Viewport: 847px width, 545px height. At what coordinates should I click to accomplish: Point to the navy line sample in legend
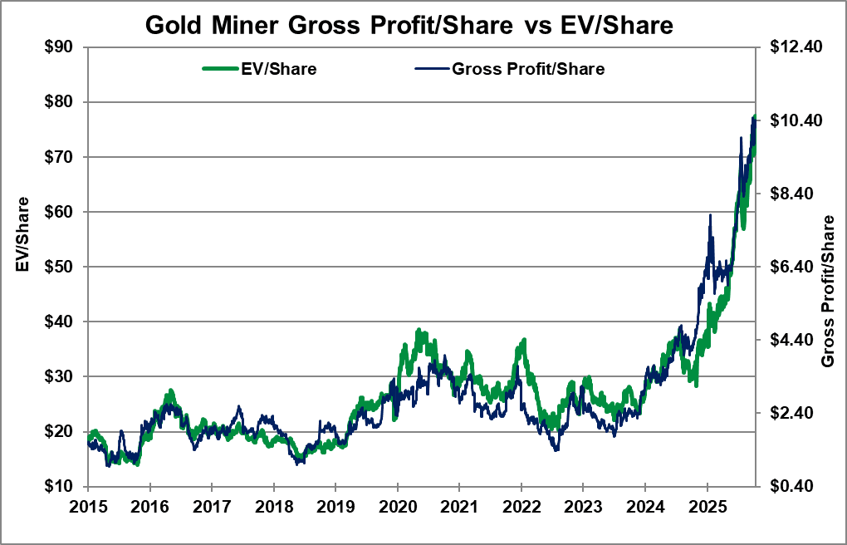tap(429, 69)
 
